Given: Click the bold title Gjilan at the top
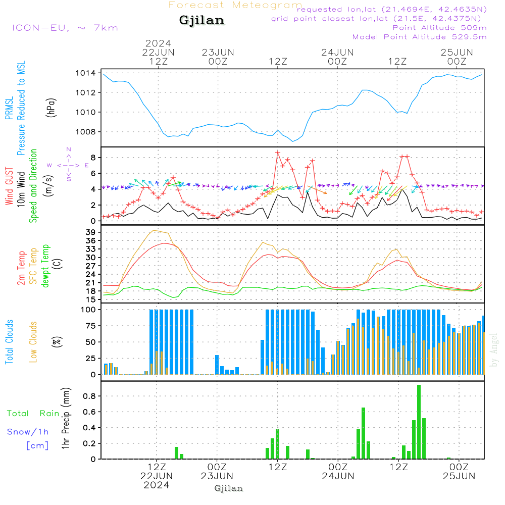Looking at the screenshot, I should point(201,21).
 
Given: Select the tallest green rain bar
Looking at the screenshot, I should point(419,422).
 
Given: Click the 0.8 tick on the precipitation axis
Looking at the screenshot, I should point(89,396).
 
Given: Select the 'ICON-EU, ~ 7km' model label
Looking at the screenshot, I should point(65,28).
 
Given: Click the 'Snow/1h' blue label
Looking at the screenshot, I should point(28,432).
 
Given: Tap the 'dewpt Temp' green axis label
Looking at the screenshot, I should point(46,266).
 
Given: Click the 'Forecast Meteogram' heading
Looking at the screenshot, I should point(235,6).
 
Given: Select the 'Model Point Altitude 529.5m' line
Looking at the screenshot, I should point(419,37).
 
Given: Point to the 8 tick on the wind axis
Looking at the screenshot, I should point(93,158).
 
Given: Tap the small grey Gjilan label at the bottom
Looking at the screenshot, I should point(228,488).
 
